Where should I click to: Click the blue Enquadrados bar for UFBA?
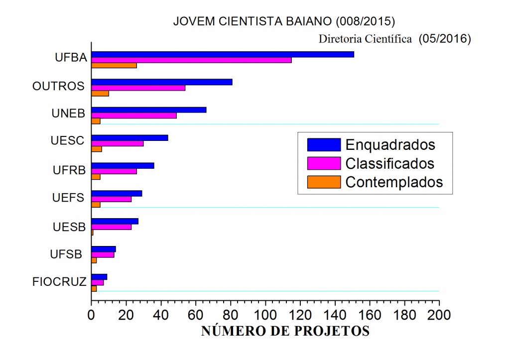[x=223, y=54]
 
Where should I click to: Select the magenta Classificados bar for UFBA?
[x=191, y=60]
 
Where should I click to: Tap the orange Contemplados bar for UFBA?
[x=114, y=65]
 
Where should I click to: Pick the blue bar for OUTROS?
[x=162, y=82]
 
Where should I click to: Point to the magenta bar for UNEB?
[x=134, y=116]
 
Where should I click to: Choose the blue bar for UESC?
[x=130, y=138]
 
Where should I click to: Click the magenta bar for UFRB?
[x=114, y=171]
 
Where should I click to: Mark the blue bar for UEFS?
[x=117, y=193]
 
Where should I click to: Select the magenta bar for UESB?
[x=112, y=227]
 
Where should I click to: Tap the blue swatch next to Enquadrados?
[x=324, y=144]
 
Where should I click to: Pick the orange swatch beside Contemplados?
[x=324, y=182]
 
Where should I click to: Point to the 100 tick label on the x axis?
[x=265, y=315]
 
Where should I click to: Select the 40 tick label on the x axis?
[x=161, y=315]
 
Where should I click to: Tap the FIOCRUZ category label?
[x=60, y=282]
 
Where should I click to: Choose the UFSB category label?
[x=66, y=254]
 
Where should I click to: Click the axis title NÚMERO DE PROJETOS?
[x=285, y=332]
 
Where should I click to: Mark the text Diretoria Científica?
[x=366, y=38]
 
